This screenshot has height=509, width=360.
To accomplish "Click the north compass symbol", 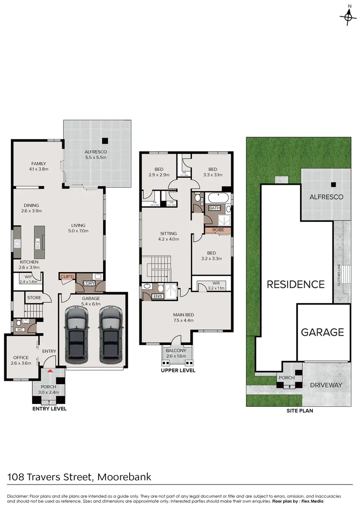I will tap(348, 17).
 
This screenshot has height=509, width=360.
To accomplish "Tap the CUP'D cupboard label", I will tap(66, 277).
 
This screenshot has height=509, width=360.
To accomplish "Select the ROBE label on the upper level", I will tap(218, 230).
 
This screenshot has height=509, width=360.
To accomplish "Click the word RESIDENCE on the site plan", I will tap(295, 284).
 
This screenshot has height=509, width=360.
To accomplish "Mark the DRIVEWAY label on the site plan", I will tap(326, 385).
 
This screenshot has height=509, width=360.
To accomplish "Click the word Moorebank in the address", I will tap(124, 476).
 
